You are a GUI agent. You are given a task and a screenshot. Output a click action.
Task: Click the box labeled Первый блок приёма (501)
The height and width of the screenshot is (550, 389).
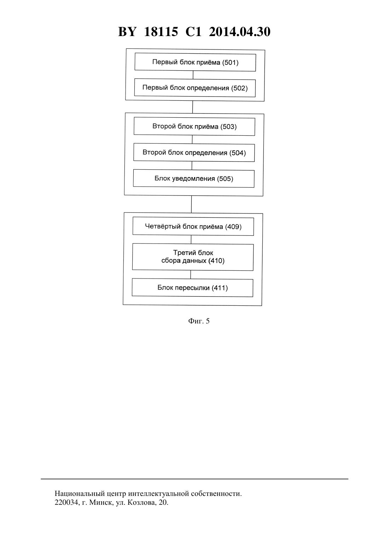click(195, 62)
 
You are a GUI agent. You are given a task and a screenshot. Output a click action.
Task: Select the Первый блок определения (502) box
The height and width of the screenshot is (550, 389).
click(195, 88)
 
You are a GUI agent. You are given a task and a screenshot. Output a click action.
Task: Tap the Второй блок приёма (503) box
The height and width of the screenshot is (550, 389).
click(194, 127)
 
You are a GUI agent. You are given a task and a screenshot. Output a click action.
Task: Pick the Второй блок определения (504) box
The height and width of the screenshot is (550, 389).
click(194, 153)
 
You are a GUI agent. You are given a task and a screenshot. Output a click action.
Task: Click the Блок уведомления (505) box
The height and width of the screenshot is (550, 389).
click(194, 179)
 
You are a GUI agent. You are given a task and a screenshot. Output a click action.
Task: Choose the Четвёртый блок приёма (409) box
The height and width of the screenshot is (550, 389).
click(193, 226)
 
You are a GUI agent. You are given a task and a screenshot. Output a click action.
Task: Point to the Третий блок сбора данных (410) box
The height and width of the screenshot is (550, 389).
click(193, 257)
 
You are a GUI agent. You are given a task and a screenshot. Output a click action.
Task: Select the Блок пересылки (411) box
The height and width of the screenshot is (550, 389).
click(192, 287)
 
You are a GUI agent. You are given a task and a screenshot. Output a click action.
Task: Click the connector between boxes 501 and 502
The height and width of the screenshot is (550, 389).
click(193, 75)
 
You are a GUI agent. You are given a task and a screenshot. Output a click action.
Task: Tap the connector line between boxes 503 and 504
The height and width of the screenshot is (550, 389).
click(192, 140)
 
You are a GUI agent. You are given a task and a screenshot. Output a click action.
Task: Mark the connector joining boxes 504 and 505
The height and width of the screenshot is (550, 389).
click(192, 165)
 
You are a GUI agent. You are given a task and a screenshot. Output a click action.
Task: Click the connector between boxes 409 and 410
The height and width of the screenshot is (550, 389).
click(191, 239)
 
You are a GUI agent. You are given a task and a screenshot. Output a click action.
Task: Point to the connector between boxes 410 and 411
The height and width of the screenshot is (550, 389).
click(191, 275)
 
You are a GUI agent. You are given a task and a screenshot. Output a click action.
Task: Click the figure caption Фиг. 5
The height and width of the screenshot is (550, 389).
click(199, 321)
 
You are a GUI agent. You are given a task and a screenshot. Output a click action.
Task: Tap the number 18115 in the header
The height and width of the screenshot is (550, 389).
click(161, 32)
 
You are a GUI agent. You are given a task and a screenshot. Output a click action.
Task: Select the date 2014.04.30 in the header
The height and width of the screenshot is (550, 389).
click(240, 32)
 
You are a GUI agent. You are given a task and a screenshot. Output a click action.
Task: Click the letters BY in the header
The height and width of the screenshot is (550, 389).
click(127, 32)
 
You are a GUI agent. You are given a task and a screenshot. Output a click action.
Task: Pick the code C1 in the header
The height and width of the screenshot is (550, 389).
click(193, 32)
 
